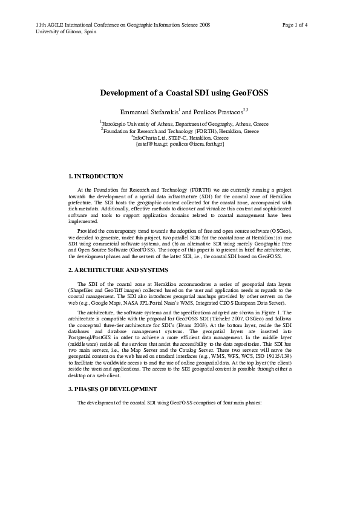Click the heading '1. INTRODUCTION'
[x=97, y=177]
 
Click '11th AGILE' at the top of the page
[x=51, y=25]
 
